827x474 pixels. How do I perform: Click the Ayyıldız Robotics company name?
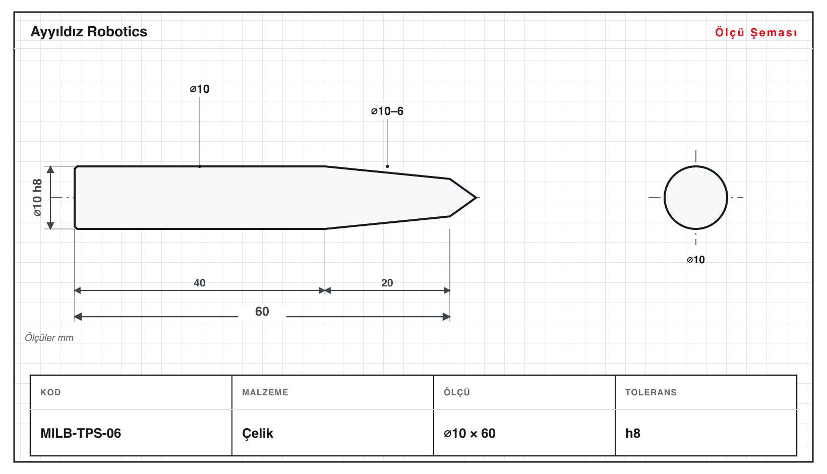click(89, 32)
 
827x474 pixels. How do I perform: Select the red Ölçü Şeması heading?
click(756, 32)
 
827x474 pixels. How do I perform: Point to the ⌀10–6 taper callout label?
click(387, 111)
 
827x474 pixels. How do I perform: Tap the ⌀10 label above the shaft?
click(200, 89)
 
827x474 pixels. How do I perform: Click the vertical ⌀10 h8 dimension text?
click(38, 198)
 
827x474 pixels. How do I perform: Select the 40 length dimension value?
click(200, 283)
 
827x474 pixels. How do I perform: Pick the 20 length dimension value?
click(387, 283)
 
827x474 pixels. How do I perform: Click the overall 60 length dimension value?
click(262, 312)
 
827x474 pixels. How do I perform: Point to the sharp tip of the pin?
click(476, 198)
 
